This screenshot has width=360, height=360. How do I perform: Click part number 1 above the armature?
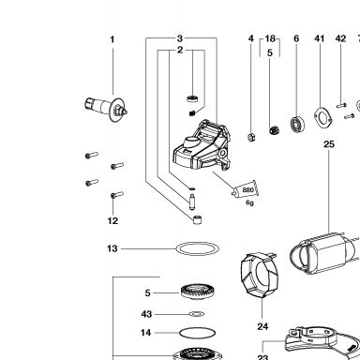[112, 39]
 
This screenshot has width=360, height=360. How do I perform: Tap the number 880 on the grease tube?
[247, 190]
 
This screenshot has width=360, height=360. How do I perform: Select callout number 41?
[319, 38]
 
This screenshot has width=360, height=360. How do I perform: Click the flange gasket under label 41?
[322, 118]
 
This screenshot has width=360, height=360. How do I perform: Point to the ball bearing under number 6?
[297, 125]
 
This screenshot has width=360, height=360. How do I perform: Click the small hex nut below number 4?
[251, 137]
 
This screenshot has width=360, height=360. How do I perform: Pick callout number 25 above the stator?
[329, 144]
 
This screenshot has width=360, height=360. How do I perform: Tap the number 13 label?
[112, 248]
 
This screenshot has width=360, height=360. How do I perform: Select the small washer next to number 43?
[197, 314]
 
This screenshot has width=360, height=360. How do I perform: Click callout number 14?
[145, 333]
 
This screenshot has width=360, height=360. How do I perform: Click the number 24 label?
[262, 326]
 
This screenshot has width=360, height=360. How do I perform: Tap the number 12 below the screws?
[112, 221]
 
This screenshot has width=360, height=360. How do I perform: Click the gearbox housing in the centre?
[202, 146]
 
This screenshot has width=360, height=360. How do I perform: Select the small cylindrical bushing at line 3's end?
[197, 219]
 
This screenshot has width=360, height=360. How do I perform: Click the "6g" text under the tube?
[249, 202]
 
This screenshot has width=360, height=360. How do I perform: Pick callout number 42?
[340, 38]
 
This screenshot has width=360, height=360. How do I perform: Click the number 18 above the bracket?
[270, 38]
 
